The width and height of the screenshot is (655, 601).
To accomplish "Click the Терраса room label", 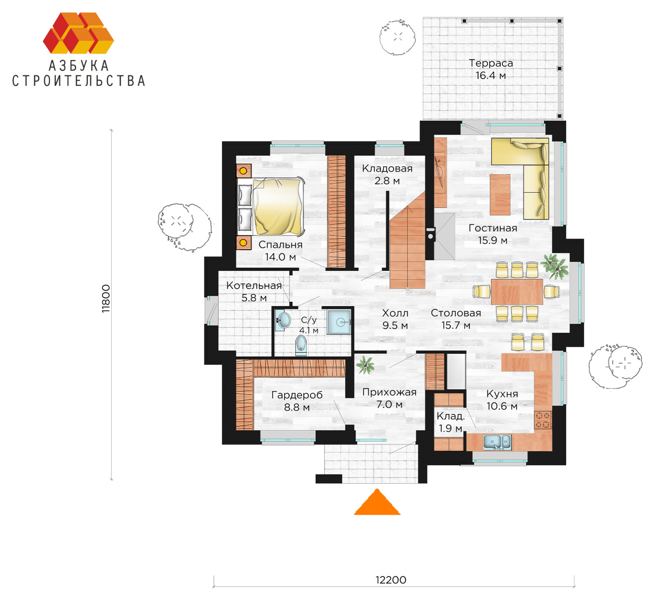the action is tap(490, 69).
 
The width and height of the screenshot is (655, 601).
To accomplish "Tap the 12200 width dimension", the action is tap(391, 580).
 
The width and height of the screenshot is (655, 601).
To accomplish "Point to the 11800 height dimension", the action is tap(106, 298).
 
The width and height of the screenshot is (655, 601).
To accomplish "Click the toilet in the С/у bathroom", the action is tap(301, 345).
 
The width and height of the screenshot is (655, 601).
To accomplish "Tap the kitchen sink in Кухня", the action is tap(497, 443).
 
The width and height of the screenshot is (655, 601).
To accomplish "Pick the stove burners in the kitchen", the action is tap(543, 420).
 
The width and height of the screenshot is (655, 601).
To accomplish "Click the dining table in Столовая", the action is tap(517, 291).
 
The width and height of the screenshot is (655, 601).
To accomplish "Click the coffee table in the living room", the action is tap(500, 194).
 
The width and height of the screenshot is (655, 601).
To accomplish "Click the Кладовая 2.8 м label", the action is tap(387, 174).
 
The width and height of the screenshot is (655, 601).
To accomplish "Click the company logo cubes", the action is tap(78, 33).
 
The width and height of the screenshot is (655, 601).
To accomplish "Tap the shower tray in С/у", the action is tap(339, 322).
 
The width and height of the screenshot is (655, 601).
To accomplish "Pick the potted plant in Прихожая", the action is tap(365, 365).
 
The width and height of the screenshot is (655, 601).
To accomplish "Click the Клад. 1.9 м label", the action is tap(450, 422).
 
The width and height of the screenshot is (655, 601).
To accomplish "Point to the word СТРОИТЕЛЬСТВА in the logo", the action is tap(79, 81).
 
